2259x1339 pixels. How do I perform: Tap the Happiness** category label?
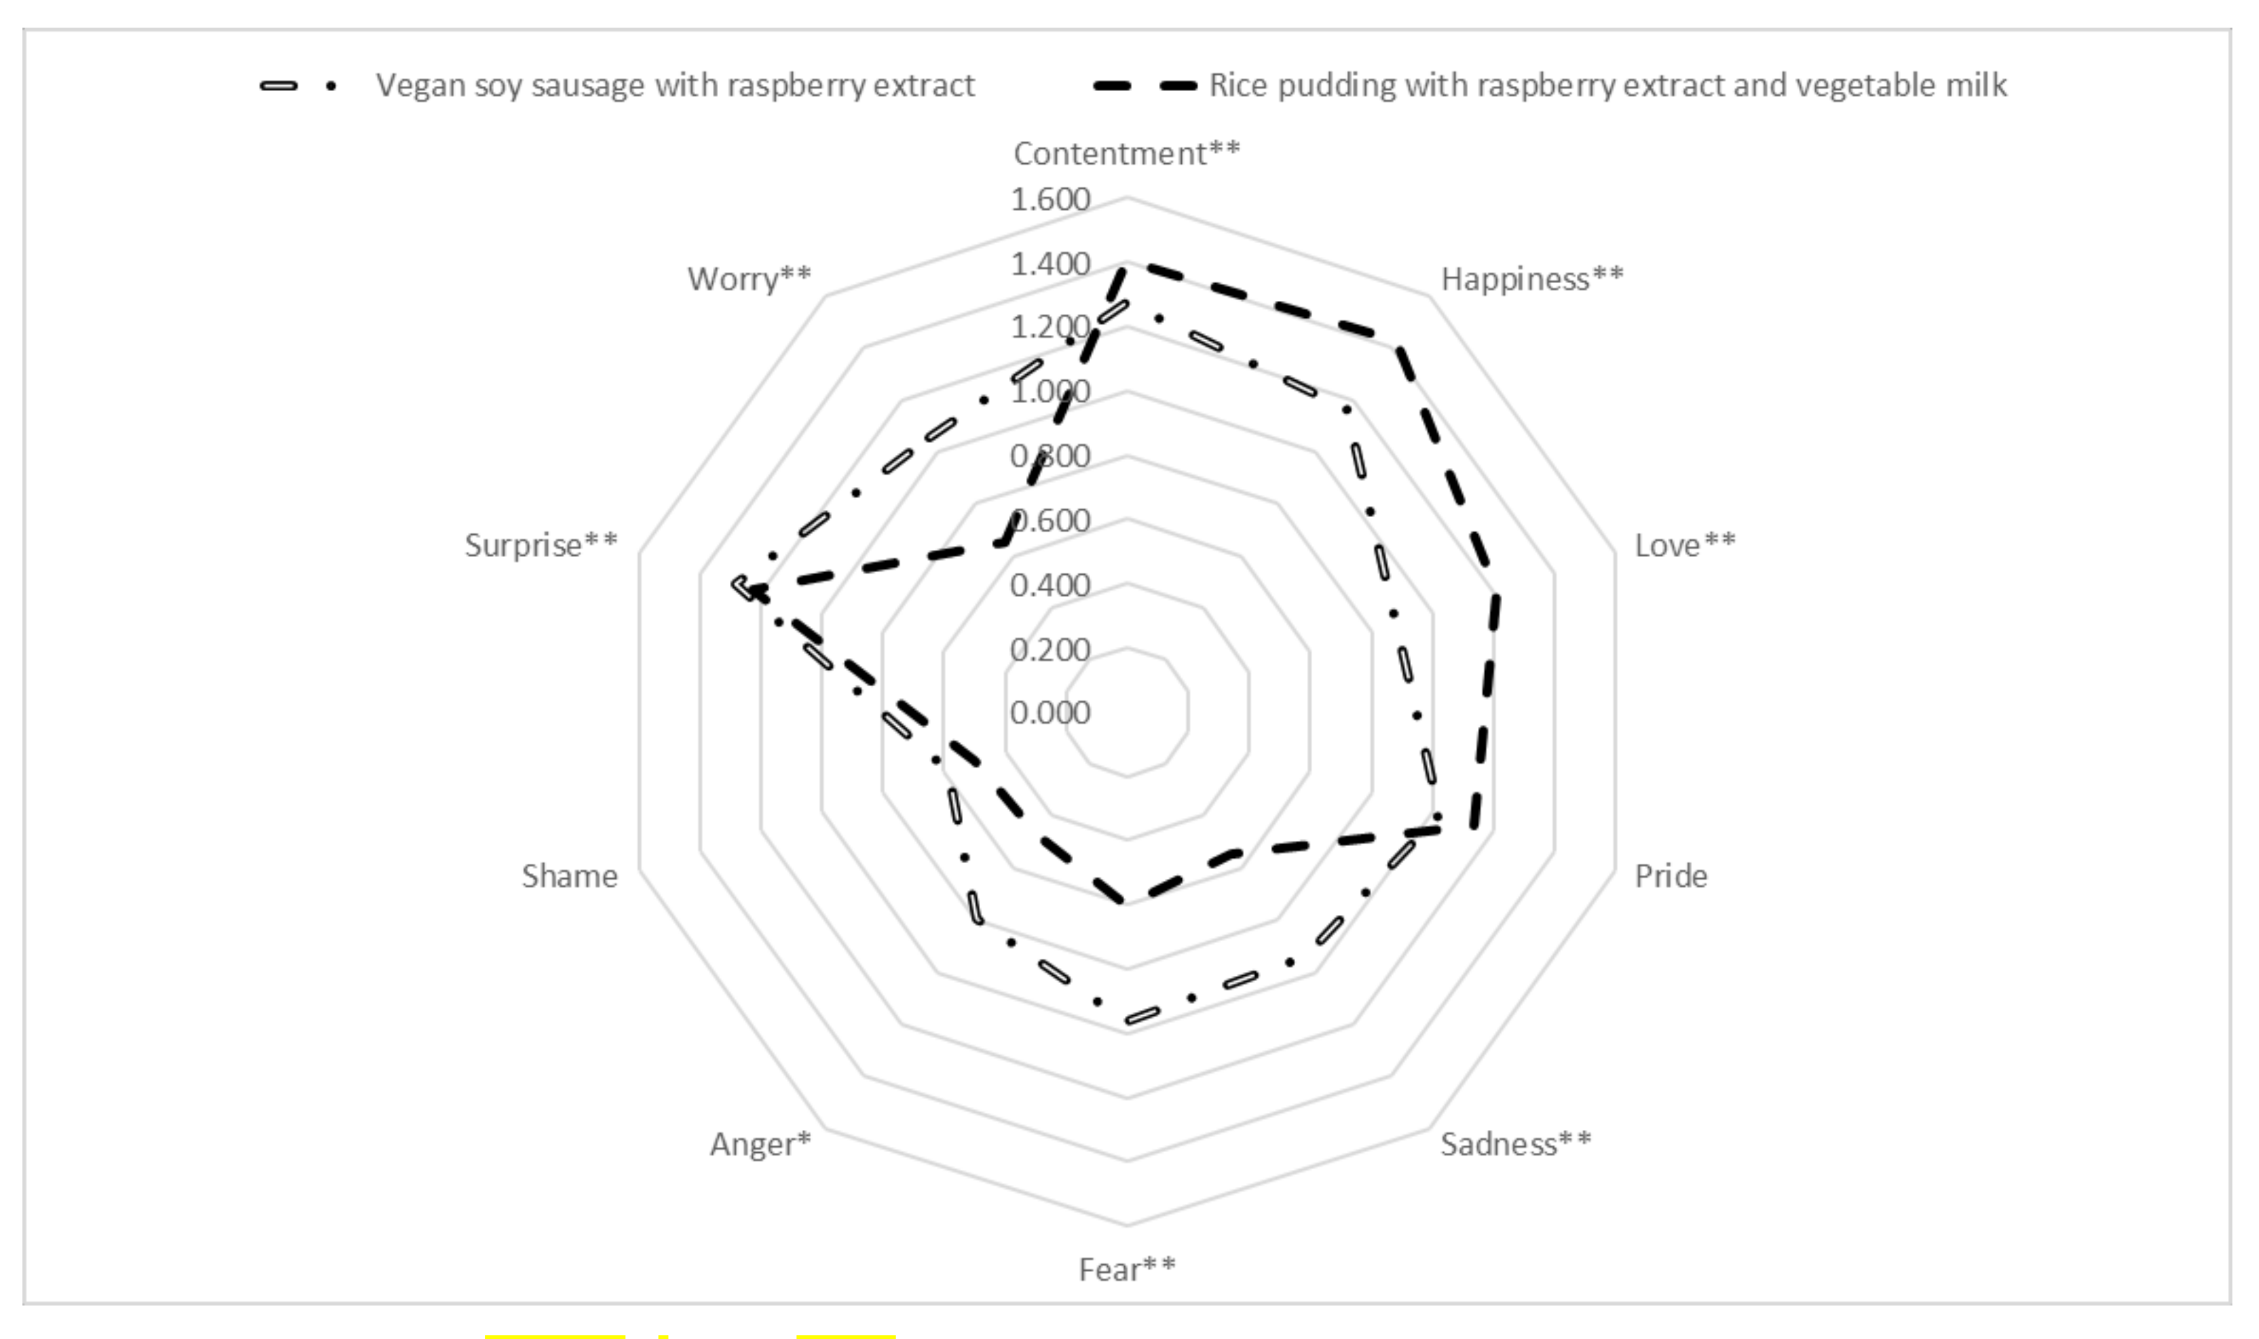coord(1531,279)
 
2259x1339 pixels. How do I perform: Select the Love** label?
coord(1684,545)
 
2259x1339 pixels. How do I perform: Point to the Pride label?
coord(1671,876)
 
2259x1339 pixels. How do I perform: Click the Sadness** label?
coord(1516,1144)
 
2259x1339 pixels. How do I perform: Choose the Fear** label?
coord(1127,1270)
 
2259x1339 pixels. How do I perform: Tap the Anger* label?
coord(760,1144)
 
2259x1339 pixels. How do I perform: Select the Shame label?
coord(569,876)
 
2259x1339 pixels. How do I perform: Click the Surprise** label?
coord(541,545)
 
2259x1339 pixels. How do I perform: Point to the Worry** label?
coord(749,279)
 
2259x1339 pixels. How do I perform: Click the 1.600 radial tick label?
coord(1050,199)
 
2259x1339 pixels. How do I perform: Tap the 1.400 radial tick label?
coord(1050,264)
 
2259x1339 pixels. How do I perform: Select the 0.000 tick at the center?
coord(1050,713)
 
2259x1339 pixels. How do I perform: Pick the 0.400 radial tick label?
coord(1050,586)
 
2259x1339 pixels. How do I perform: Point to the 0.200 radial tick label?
coord(1050,650)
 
